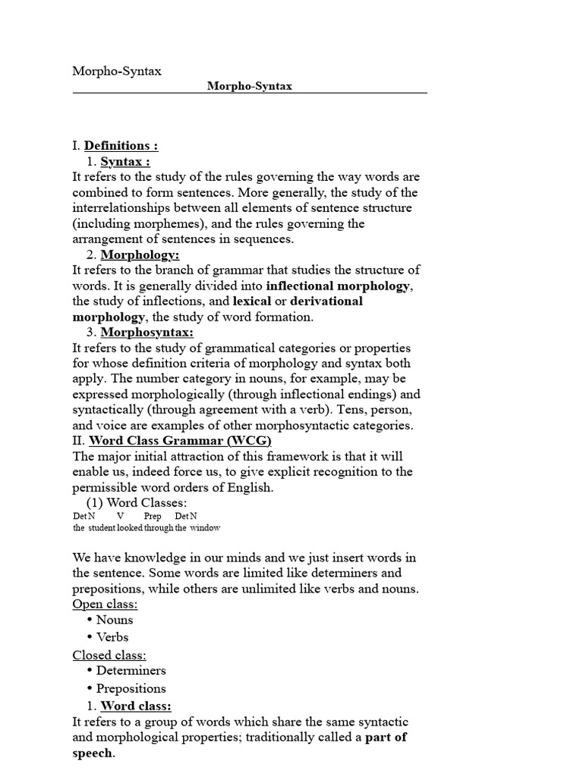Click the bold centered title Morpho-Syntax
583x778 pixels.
click(x=250, y=86)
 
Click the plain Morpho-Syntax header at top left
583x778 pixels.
click(x=117, y=71)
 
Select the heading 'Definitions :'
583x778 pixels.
click(x=121, y=146)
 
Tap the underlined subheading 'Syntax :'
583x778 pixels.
click(x=125, y=161)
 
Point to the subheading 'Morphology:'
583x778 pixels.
click(x=140, y=255)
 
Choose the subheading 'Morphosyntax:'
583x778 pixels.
click(x=147, y=332)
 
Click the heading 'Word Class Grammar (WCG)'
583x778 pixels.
click(x=180, y=441)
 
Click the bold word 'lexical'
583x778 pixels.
click(x=251, y=301)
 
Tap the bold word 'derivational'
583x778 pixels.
click(x=326, y=301)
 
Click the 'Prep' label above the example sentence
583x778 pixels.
click(x=153, y=516)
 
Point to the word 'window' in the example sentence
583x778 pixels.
click(x=205, y=527)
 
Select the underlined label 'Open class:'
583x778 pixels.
click(x=105, y=604)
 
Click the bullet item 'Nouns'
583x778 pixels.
click(x=115, y=620)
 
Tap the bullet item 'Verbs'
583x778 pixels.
click(x=112, y=637)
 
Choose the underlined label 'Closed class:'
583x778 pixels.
click(x=109, y=655)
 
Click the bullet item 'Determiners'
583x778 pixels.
click(x=131, y=671)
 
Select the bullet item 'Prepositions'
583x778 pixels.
click(x=131, y=688)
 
